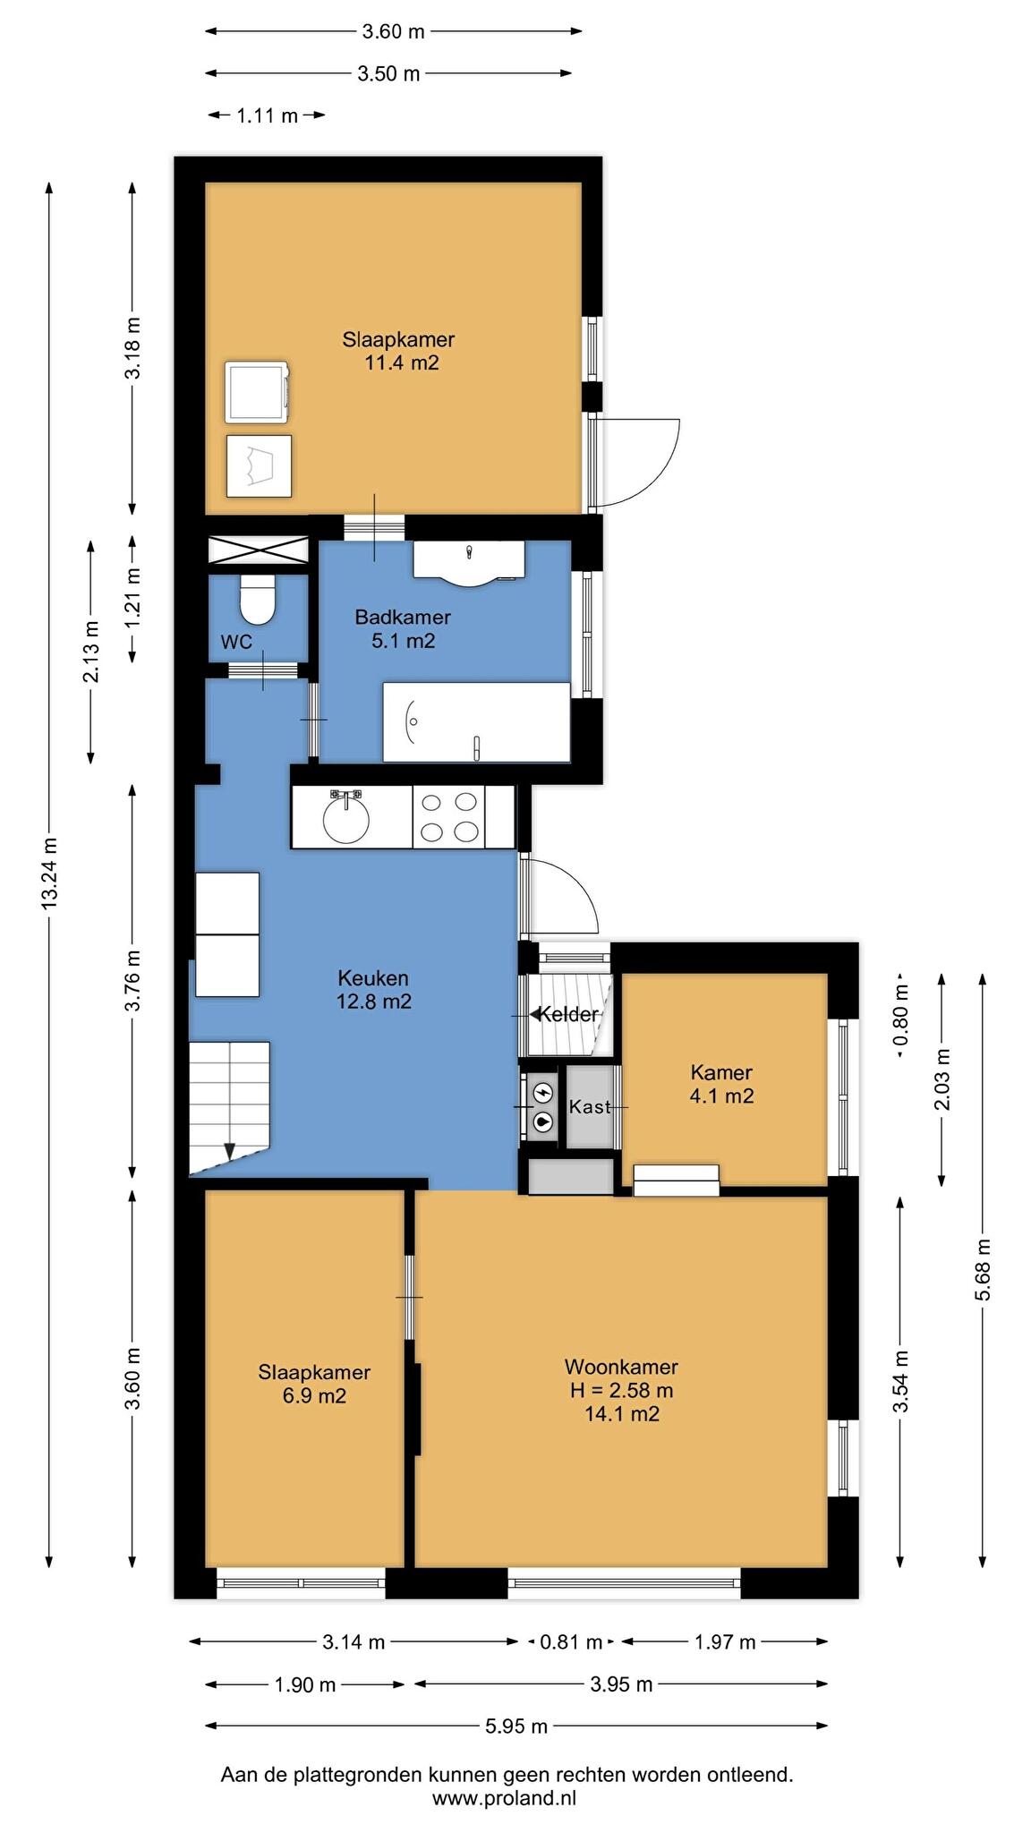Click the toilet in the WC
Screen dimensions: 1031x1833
coord(258,599)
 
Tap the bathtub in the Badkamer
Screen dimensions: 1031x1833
coord(476,722)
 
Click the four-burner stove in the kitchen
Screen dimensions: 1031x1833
coord(448,816)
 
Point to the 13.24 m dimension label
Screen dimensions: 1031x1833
coord(49,874)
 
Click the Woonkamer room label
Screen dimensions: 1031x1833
coord(621,1367)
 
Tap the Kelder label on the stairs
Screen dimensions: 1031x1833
coord(567,1014)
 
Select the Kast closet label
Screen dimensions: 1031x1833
coord(590,1106)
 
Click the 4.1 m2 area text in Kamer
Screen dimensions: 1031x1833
coord(721,1096)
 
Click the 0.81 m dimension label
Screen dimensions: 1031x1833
coord(571,1641)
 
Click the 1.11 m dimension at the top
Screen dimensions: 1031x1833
coord(267,115)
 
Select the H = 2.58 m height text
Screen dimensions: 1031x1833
coord(621,1390)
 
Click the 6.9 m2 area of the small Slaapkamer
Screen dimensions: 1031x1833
coord(314,1395)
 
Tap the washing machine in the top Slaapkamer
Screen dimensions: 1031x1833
coord(258,392)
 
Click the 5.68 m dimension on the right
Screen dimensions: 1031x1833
coord(983,1270)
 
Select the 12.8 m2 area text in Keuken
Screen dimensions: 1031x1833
coord(374,1001)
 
